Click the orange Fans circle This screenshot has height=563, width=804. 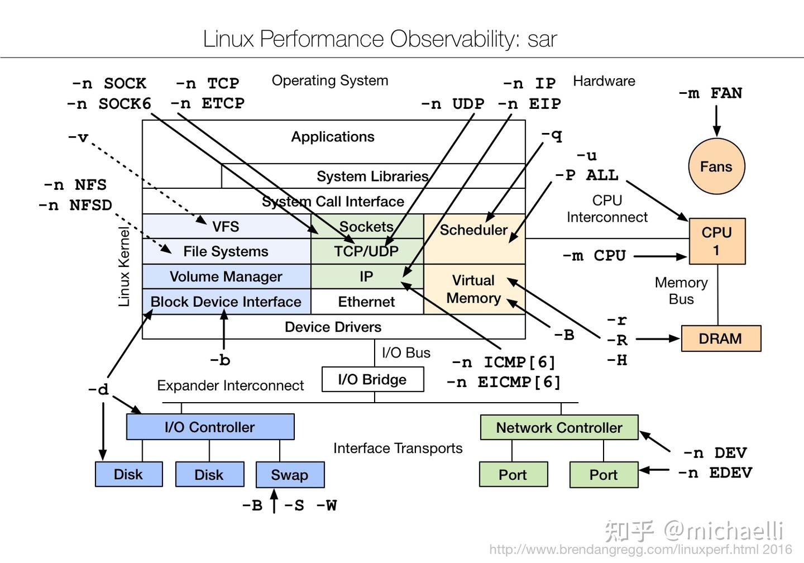click(x=716, y=166)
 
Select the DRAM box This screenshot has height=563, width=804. click(x=721, y=338)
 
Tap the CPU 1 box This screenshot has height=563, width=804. click(x=717, y=241)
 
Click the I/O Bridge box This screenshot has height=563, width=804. click(x=372, y=379)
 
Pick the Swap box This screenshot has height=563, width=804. click(x=290, y=475)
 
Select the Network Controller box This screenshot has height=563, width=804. click(x=559, y=427)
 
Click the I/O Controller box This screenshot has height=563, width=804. click(x=210, y=427)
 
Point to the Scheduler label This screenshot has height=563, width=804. click(x=473, y=230)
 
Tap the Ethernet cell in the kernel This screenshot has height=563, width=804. click(x=366, y=302)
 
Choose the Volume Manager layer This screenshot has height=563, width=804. click(x=226, y=276)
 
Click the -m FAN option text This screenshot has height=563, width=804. click(x=710, y=93)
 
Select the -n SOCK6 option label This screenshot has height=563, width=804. click(x=109, y=104)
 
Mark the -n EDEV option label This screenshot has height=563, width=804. click(x=715, y=473)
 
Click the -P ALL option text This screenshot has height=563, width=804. click(x=587, y=175)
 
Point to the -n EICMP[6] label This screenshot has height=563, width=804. click(x=504, y=383)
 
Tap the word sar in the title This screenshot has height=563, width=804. click(x=542, y=39)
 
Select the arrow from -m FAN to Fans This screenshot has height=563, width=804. click(x=717, y=120)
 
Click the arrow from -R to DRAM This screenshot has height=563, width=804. click(x=657, y=338)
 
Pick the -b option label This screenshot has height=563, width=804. click(x=220, y=360)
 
